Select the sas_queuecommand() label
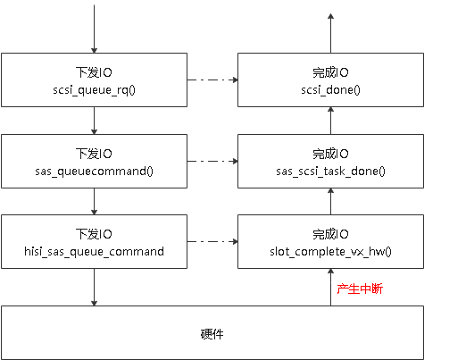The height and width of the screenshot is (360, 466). point(94,170)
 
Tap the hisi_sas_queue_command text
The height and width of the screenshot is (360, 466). point(94,251)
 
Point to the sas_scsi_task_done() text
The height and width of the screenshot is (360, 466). point(330,170)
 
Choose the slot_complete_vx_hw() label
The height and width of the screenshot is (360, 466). point(330,251)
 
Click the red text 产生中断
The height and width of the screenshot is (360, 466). point(360,289)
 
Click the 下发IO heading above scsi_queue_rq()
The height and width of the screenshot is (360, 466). point(94,71)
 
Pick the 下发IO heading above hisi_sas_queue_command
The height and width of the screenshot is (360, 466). point(94,235)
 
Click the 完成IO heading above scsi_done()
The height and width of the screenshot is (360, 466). point(330,71)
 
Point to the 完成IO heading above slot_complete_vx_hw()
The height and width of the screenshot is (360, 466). point(330,235)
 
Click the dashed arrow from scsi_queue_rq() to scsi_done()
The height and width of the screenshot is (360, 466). point(212,80)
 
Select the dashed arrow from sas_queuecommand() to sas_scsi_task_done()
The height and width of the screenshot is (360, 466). point(212,162)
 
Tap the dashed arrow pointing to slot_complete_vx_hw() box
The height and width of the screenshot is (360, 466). point(212,242)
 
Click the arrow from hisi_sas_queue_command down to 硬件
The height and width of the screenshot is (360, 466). point(94,287)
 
